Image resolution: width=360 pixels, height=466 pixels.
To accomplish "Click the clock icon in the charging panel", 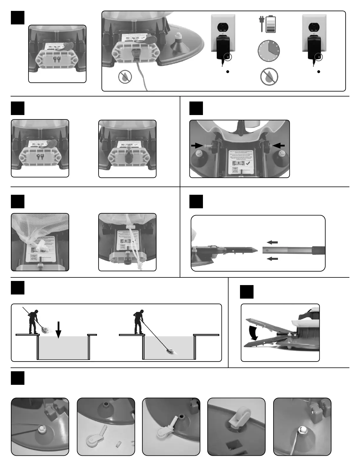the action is click(x=269, y=51).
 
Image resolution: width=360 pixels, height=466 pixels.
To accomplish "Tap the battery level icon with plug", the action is click(x=268, y=24).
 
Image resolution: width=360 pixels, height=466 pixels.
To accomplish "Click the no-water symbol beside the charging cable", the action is click(x=125, y=77).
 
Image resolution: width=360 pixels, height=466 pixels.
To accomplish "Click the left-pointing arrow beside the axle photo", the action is click(x=278, y=145).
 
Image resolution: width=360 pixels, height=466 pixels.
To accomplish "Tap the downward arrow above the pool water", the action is click(x=59, y=330).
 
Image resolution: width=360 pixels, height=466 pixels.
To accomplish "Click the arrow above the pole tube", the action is click(x=272, y=242).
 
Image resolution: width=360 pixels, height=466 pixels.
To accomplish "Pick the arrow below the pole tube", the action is click(x=272, y=259).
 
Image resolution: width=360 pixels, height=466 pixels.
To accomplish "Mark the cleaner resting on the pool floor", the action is click(x=171, y=351).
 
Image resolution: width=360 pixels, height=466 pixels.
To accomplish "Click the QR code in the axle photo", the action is click(x=235, y=170).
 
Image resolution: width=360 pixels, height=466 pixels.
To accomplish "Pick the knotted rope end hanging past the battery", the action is click(x=138, y=266).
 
